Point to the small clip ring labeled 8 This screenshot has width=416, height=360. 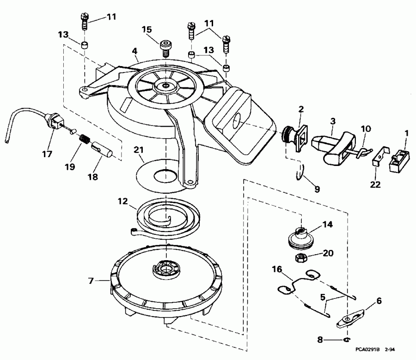pos(346,340)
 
